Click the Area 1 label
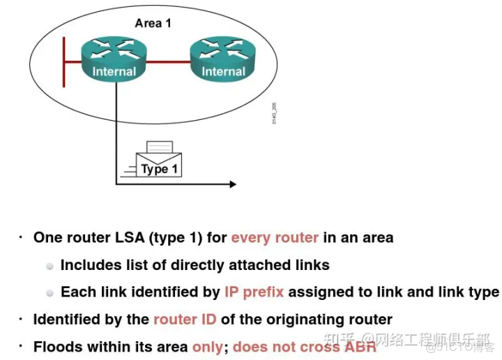[153, 23]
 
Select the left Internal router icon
[114, 59]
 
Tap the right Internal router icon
[222, 59]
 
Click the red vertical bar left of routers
[63, 61]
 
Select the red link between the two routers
[168, 61]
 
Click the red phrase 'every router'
[275, 238]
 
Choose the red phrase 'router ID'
[185, 320]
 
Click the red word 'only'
[208, 347]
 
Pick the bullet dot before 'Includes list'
[50, 266]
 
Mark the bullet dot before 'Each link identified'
[50, 293]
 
